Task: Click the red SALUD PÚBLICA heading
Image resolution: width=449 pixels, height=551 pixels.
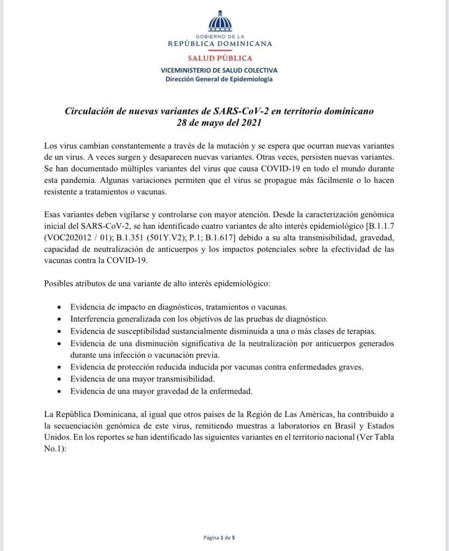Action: pos(220,58)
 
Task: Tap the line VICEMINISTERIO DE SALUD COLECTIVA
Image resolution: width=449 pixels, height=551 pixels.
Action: pos(220,70)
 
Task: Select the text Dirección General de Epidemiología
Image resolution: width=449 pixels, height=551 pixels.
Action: pos(220,79)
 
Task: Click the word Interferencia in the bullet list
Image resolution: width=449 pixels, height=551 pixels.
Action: pos(95,319)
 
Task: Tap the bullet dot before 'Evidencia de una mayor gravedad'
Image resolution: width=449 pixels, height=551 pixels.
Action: pos(59,391)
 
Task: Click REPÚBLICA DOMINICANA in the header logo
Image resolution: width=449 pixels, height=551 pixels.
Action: pos(220,44)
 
